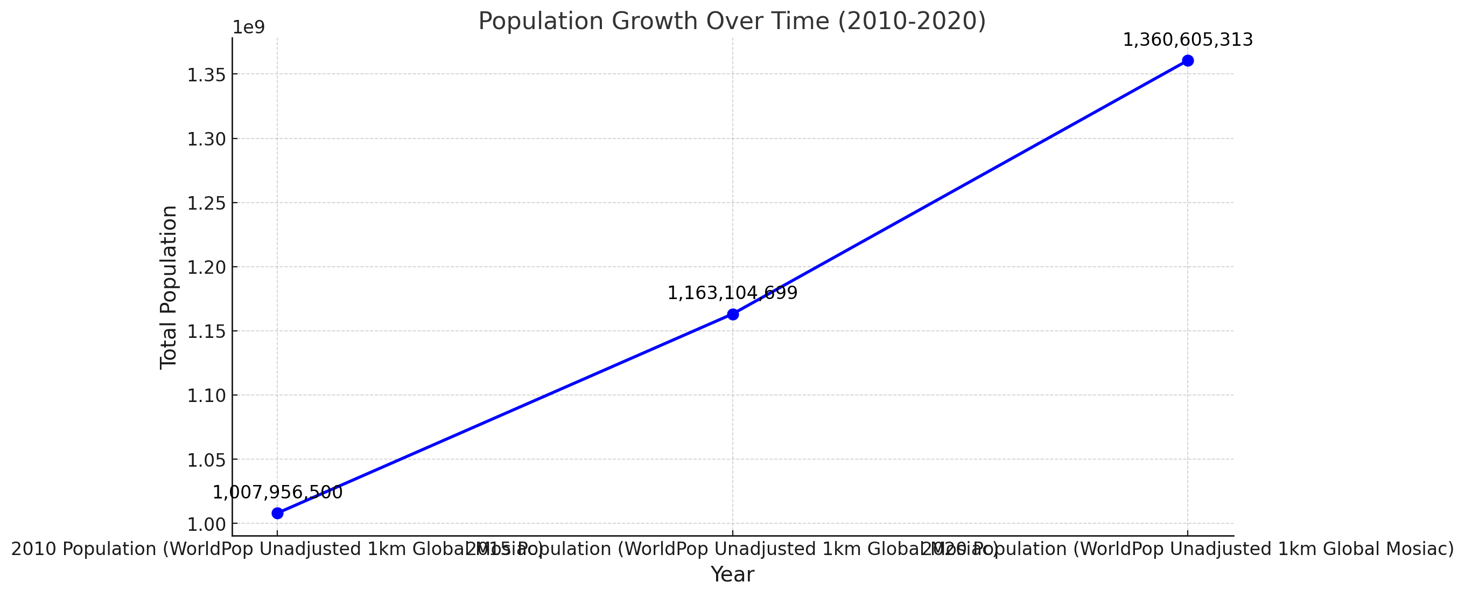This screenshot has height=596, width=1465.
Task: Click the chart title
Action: tap(732, 22)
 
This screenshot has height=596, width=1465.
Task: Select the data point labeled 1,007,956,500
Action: tap(277, 514)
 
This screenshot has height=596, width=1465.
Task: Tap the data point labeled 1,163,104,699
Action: tap(732, 314)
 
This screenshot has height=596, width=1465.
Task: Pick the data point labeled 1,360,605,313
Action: tap(1188, 61)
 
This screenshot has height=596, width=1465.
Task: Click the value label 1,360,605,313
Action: tap(1188, 40)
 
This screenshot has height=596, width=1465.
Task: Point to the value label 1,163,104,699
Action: tap(732, 294)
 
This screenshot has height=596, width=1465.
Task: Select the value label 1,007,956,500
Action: tap(277, 493)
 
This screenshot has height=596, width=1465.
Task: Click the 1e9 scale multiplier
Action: tap(249, 28)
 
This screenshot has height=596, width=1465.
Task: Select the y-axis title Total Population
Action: tap(169, 287)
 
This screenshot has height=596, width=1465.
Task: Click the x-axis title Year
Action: tap(732, 575)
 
